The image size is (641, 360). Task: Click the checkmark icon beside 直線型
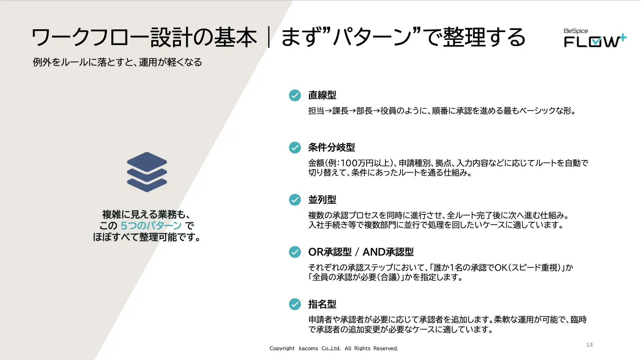point(295,95)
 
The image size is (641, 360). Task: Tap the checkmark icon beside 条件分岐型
point(295,148)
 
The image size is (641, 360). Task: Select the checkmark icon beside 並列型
point(295,200)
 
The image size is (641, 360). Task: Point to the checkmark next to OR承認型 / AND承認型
point(295,252)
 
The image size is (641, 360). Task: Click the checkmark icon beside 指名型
point(295,304)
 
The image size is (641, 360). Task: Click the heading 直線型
point(322,95)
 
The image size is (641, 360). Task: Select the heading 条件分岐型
point(331,148)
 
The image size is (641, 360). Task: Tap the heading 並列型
point(322,200)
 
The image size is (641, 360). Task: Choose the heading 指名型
point(322,304)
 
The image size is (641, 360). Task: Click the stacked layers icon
point(147,172)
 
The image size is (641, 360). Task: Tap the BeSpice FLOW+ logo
point(595,38)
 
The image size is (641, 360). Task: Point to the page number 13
point(589,345)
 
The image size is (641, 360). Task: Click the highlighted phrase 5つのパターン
point(151,226)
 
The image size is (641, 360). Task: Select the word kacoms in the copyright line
point(308,348)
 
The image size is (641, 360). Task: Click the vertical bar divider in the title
point(269,37)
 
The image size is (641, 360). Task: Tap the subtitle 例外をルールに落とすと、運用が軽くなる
point(117,63)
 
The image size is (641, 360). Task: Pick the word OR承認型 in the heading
point(330,252)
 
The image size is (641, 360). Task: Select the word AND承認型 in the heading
point(388,252)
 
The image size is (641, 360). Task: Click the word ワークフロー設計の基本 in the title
point(144,37)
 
